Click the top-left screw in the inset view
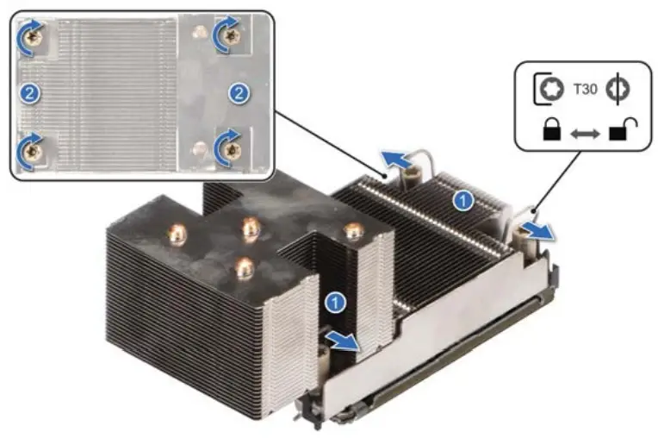click(33, 35)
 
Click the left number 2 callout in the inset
click(31, 92)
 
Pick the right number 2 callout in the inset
click(238, 92)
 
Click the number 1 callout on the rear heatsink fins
click(464, 201)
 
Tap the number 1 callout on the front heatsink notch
click(336, 302)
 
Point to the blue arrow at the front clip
click(343, 341)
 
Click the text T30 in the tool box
click(584, 91)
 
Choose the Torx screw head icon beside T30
click(548, 91)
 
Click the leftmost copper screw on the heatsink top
click(177, 233)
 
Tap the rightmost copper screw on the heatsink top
click(351, 231)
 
